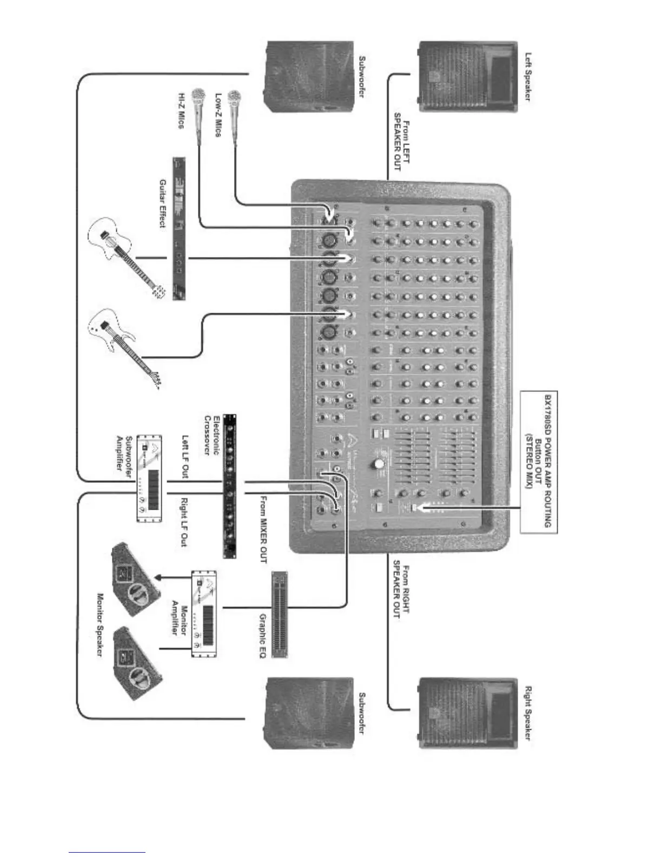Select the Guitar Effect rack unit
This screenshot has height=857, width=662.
tap(179, 228)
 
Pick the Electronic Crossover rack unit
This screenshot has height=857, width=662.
tap(230, 486)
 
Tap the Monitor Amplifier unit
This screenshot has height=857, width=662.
tap(203, 614)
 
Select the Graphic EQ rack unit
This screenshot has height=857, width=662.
tap(280, 614)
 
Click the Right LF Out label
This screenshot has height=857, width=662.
tap(184, 522)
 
